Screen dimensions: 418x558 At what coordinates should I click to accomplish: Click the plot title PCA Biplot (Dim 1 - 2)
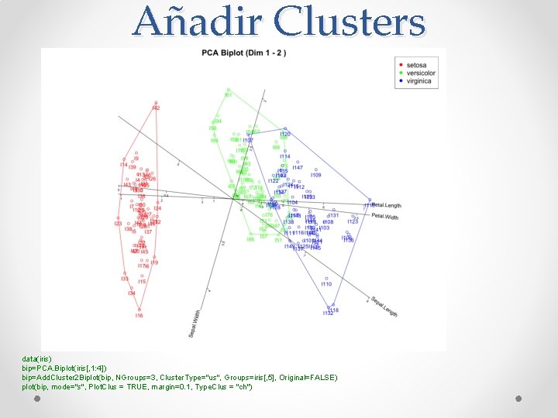click(x=244, y=53)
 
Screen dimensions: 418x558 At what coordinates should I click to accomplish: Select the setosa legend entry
click(x=415, y=65)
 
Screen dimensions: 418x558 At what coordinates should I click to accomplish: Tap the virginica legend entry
click(x=416, y=81)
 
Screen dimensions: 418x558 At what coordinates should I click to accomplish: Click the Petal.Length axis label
click(x=386, y=205)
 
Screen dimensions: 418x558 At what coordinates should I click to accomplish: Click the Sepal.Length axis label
click(x=384, y=307)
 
